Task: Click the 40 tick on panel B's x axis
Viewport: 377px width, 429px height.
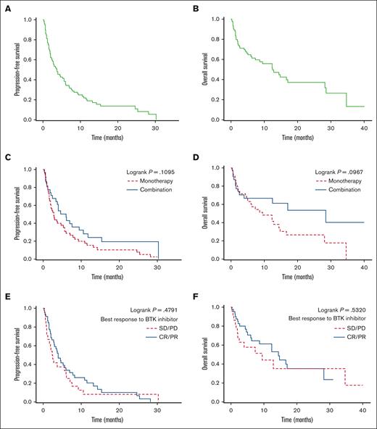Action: pos(363,128)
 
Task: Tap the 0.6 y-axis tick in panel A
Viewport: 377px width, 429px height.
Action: pos(35,60)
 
